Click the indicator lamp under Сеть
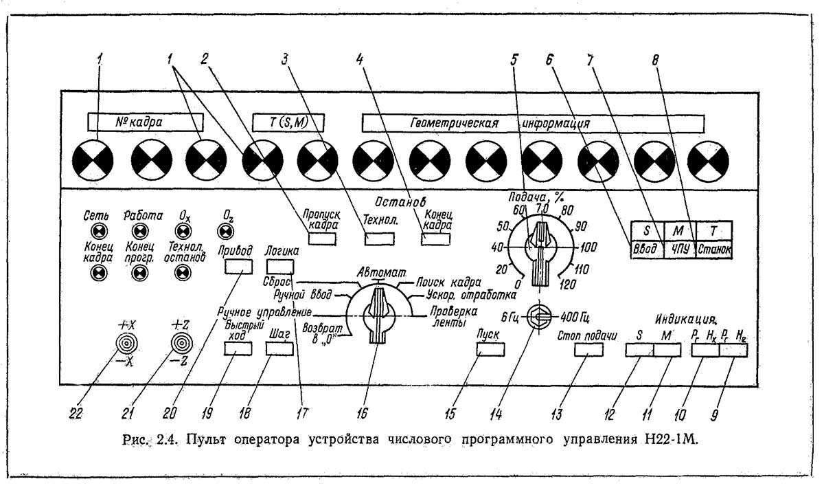[99, 230]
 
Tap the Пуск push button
[491, 349]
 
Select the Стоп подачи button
[588, 349]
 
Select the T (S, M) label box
[287, 122]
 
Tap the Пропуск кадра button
[322, 239]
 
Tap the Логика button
[280, 267]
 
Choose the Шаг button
[279, 348]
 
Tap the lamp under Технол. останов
[182, 273]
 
